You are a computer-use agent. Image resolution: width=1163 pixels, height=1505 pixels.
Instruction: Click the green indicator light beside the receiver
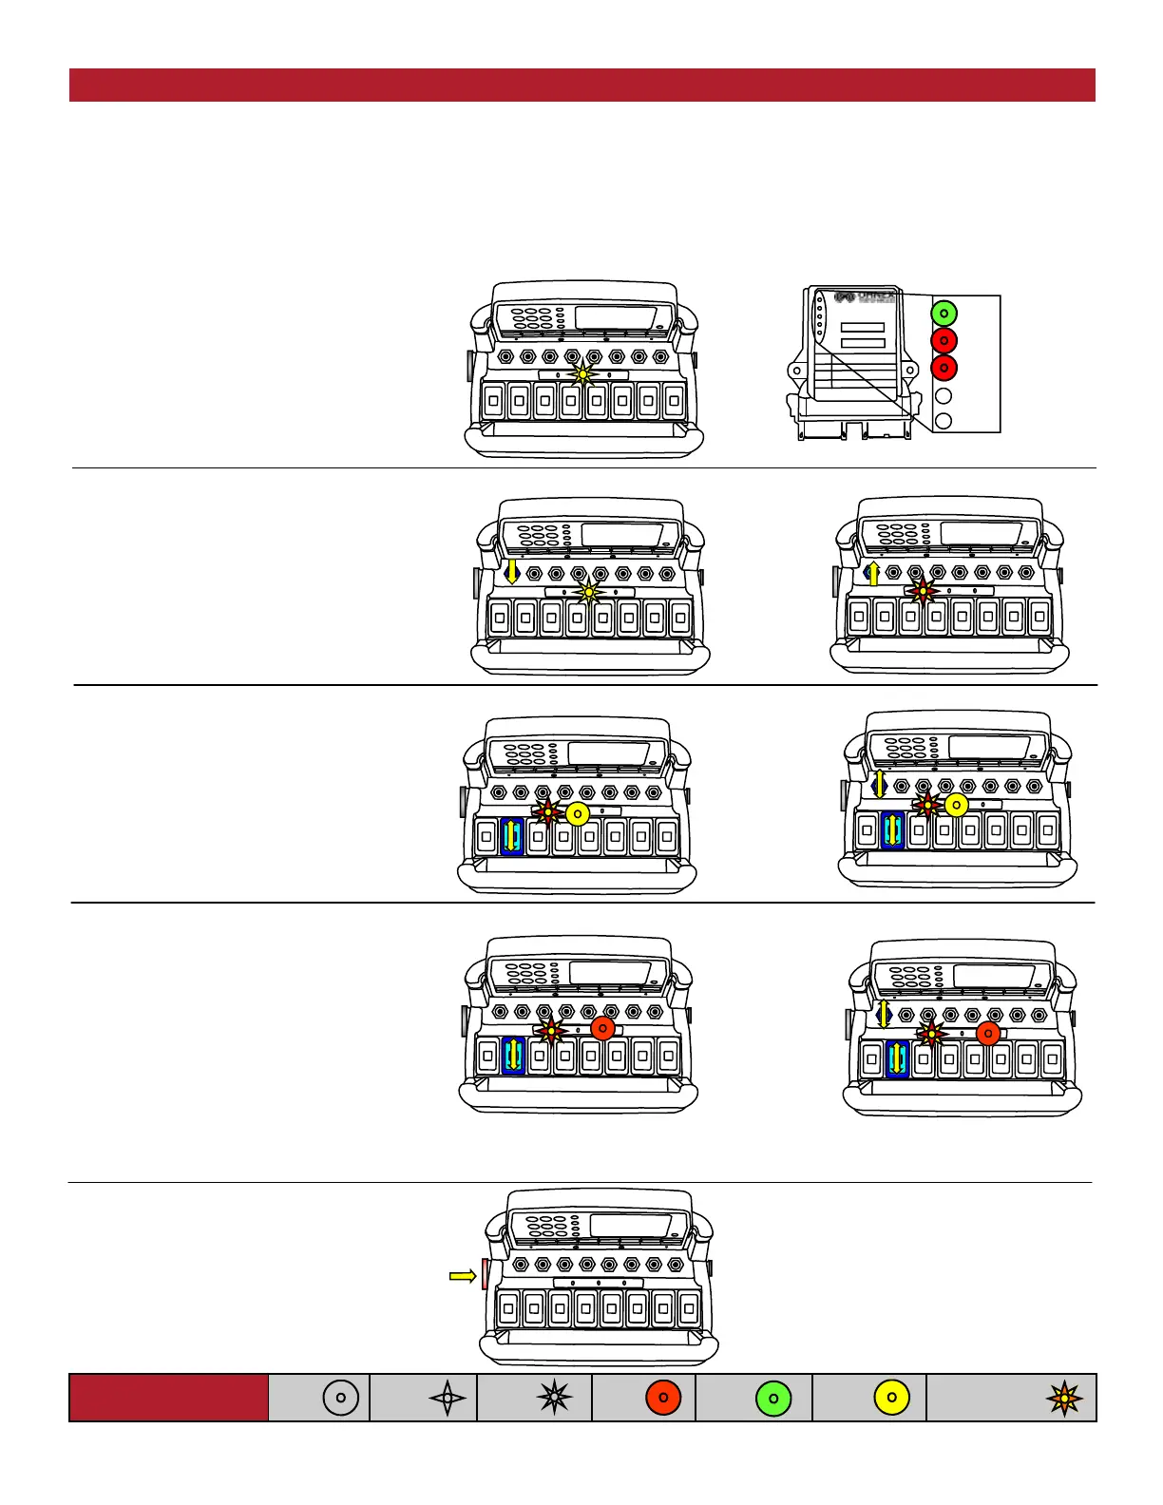[x=944, y=313]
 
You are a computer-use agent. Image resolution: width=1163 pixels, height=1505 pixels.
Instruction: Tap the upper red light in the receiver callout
[x=944, y=340]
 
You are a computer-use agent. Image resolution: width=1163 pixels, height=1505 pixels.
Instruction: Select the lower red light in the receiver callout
[x=944, y=368]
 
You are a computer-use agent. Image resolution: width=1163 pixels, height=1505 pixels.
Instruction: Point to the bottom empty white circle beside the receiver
[x=944, y=421]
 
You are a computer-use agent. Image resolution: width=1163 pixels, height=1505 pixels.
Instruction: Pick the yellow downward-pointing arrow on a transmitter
[x=512, y=570]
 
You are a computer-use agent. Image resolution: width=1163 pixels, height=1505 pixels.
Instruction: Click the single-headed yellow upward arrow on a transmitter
[x=874, y=573]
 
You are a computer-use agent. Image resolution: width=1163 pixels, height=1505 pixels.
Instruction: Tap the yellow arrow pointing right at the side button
[x=463, y=1276]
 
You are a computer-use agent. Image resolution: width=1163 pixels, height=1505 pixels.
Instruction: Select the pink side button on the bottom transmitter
[x=485, y=1274]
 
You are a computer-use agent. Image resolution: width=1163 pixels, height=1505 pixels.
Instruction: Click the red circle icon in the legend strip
[x=663, y=1398]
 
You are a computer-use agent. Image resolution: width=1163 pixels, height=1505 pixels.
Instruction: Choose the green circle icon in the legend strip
[x=773, y=1398]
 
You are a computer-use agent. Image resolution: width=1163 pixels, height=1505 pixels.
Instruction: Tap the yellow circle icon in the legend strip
[x=891, y=1398]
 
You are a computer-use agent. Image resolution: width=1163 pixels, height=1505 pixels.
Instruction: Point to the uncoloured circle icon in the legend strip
[x=341, y=1398]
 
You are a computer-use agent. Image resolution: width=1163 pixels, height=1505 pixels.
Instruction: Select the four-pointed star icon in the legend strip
[x=448, y=1398]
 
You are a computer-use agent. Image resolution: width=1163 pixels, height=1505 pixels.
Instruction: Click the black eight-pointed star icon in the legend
[x=554, y=1398]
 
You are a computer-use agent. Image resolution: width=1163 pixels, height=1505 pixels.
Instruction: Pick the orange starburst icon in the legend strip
[x=1064, y=1398]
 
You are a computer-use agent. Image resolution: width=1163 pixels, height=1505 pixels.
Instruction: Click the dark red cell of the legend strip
[x=168, y=1398]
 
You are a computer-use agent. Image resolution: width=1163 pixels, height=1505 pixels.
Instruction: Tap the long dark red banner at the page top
[x=581, y=85]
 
